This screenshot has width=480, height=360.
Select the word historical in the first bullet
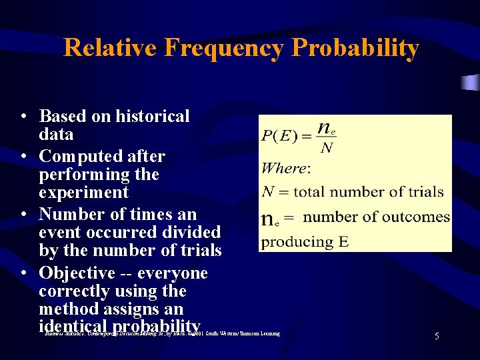[x=153, y=117]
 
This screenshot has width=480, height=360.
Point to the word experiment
[x=84, y=193]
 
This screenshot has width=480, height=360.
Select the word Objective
[x=77, y=273]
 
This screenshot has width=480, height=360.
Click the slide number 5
[x=437, y=337]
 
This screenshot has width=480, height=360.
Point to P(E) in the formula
[x=279, y=137]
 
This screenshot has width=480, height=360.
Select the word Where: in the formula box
[x=286, y=169]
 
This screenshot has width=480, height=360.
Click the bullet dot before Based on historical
[x=23, y=117]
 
